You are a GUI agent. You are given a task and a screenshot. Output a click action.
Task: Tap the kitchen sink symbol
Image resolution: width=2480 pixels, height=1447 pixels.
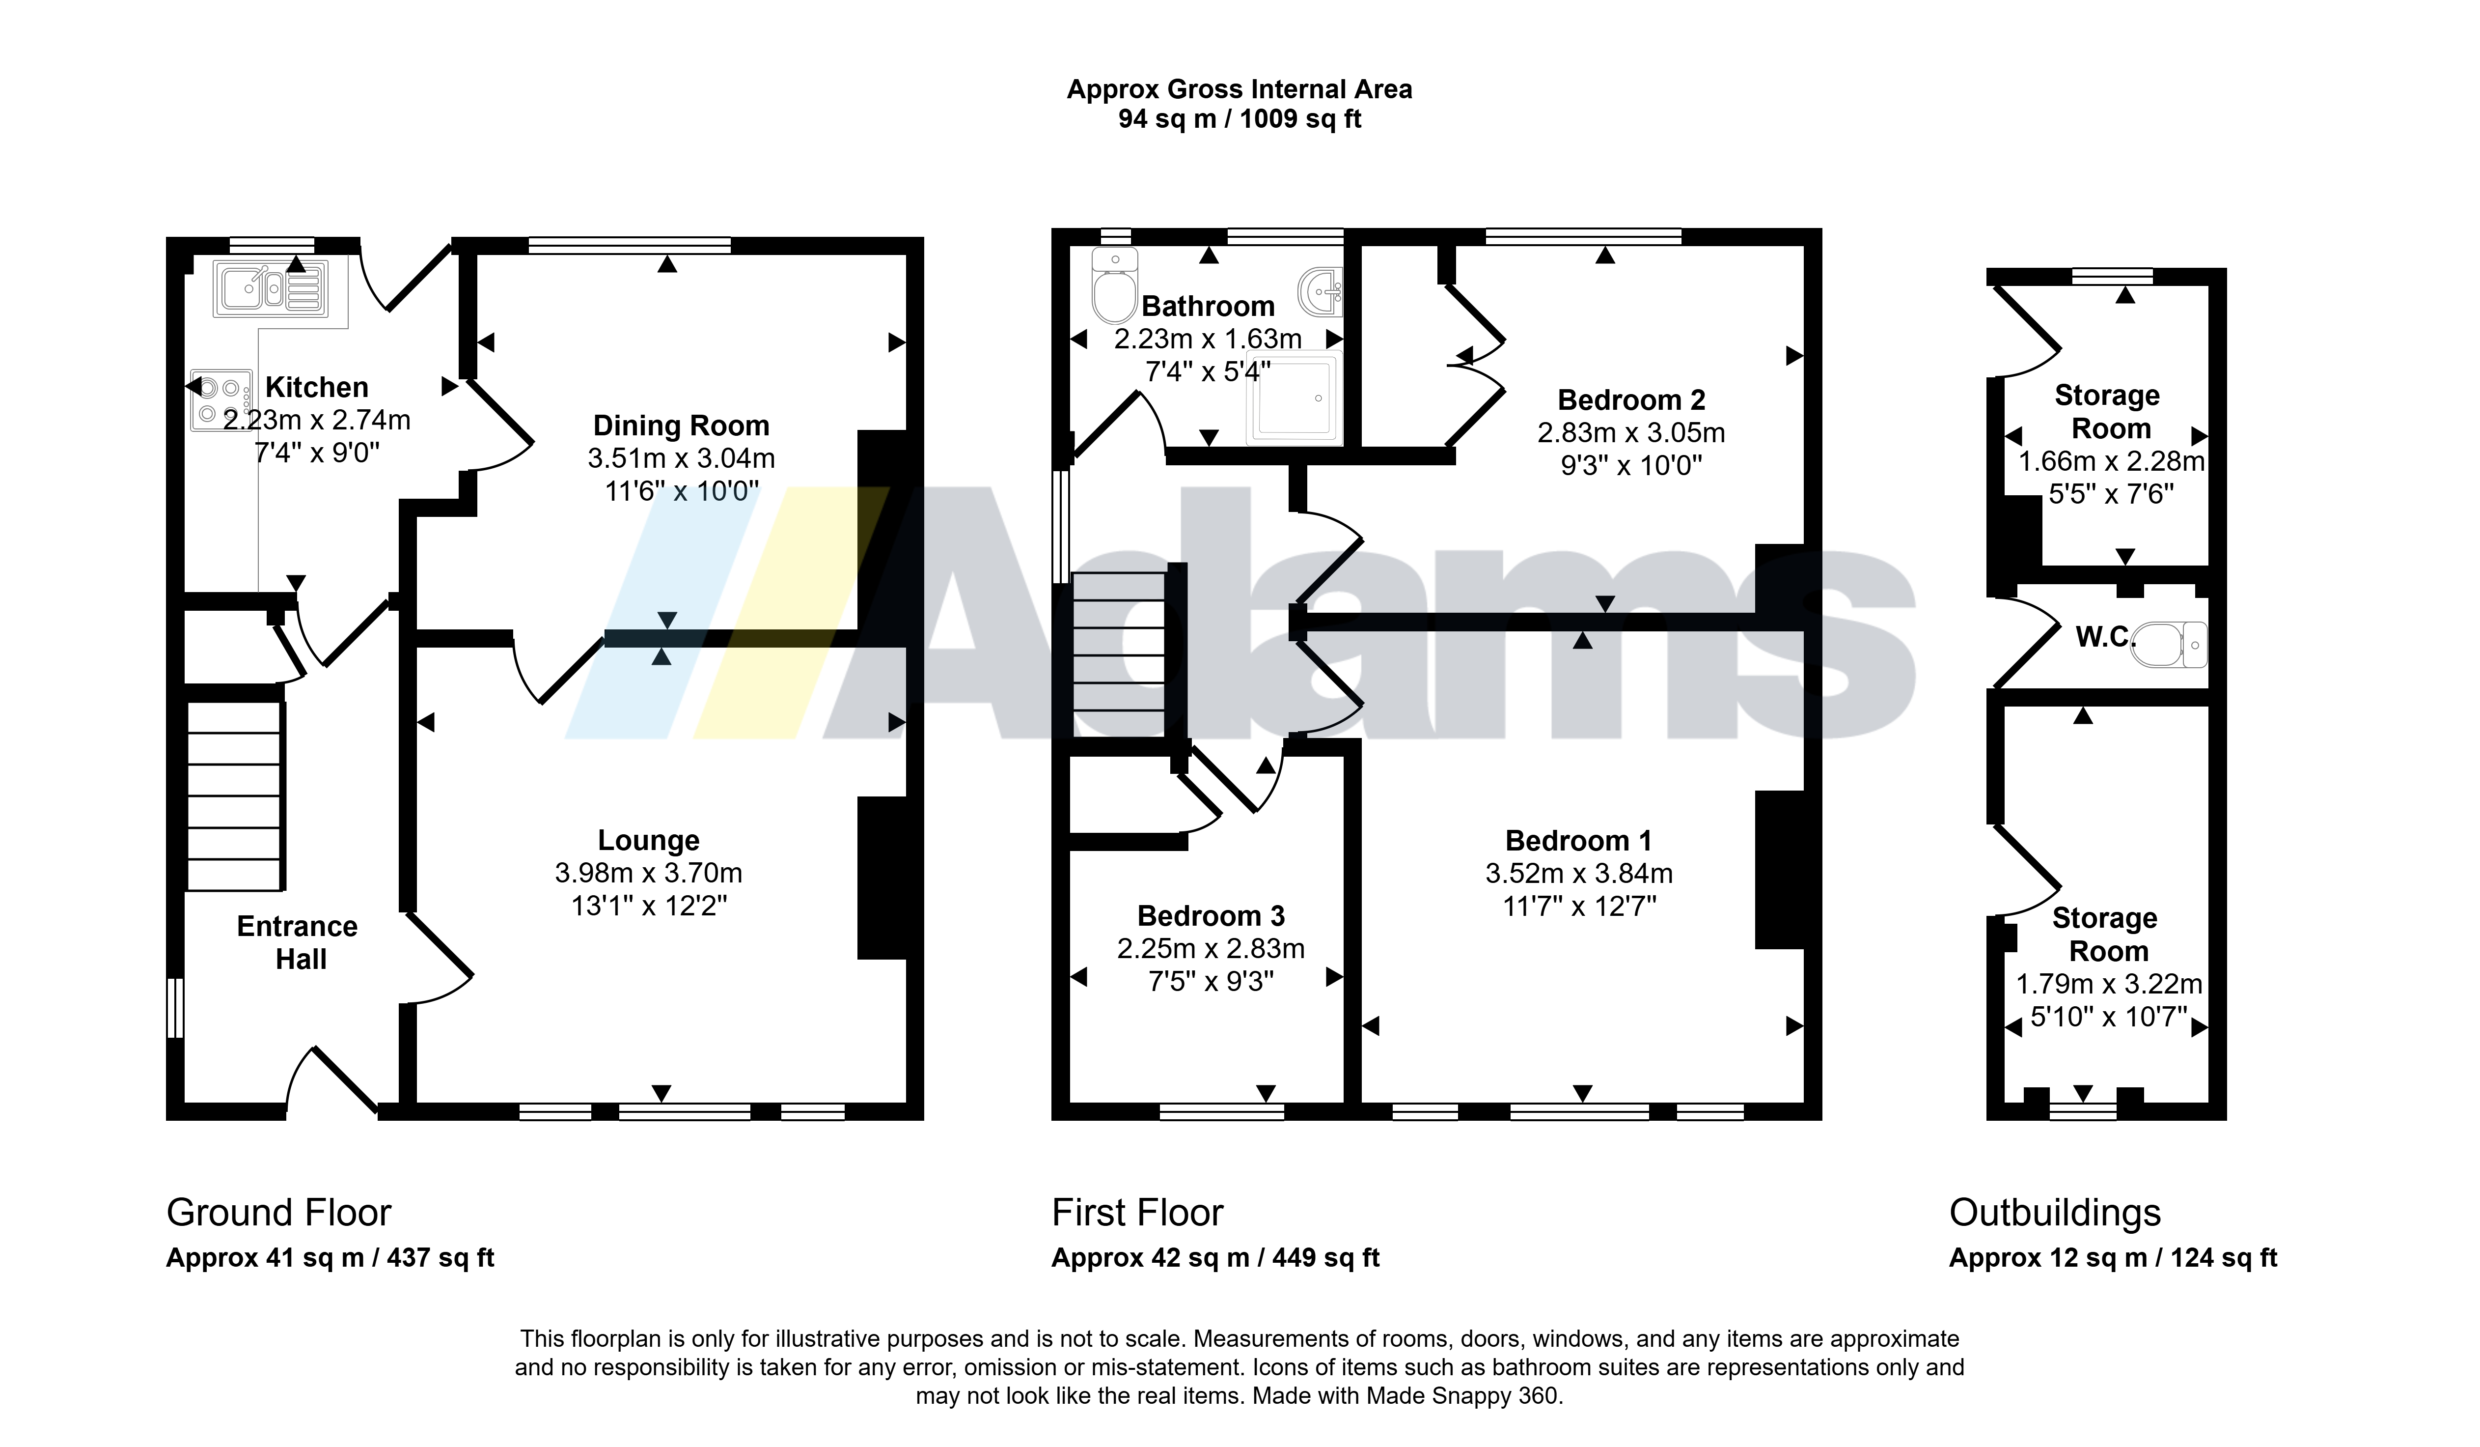pos(271,288)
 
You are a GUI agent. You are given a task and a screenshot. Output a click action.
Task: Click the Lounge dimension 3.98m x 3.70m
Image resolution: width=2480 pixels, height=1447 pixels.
pos(649,873)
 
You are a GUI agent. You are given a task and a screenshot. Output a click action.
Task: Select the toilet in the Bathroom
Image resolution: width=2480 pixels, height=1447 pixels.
pos(1115,285)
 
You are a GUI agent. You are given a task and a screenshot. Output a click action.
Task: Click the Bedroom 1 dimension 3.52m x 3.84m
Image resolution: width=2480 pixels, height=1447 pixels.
pos(1579,873)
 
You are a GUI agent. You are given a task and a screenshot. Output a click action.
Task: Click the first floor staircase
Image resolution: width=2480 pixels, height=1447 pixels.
pos(1120,654)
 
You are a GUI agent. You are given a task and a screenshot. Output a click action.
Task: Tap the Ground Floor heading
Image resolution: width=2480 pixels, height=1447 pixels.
pos(278,1213)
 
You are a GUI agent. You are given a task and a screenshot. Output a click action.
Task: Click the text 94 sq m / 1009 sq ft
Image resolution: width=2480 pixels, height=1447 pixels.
pos(1240,119)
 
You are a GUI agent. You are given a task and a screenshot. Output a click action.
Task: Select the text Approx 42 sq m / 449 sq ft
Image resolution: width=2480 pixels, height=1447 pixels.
pos(1215,1258)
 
